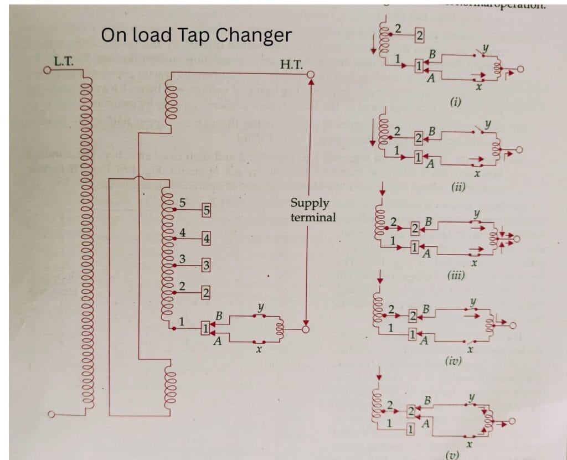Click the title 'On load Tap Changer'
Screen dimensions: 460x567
pos(196,35)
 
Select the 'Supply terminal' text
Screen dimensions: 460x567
pos(313,210)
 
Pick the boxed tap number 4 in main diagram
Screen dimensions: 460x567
pos(206,239)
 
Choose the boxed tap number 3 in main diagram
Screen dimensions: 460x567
pos(206,265)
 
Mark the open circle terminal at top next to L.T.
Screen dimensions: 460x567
pos(48,70)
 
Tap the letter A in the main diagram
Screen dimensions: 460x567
pos(218,342)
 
